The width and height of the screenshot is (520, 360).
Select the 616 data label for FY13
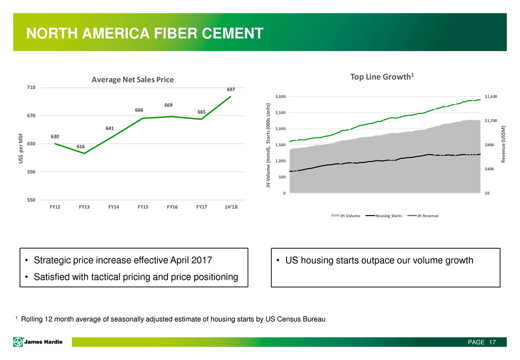(81, 147)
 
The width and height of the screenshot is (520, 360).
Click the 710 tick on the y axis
(31, 88)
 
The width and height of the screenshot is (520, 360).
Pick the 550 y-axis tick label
(31, 200)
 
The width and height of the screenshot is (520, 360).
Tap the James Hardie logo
(38, 342)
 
